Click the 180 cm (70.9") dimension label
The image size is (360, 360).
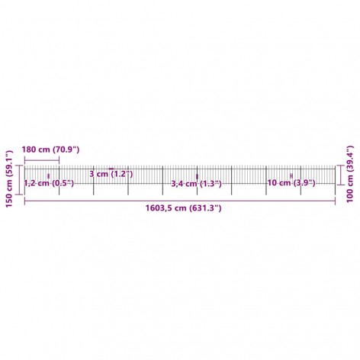[50, 149]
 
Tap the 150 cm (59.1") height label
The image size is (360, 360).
[9, 179]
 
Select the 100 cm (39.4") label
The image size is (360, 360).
[350, 174]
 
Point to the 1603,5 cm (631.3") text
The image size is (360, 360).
[183, 208]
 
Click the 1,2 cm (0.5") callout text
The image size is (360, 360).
[49, 183]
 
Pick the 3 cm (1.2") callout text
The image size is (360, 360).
[111, 174]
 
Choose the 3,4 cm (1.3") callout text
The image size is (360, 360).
[196, 184]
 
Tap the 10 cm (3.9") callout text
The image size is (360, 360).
[291, 183]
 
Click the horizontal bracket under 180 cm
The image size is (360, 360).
[42, 160]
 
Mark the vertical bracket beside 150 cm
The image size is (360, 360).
[19, 180]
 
